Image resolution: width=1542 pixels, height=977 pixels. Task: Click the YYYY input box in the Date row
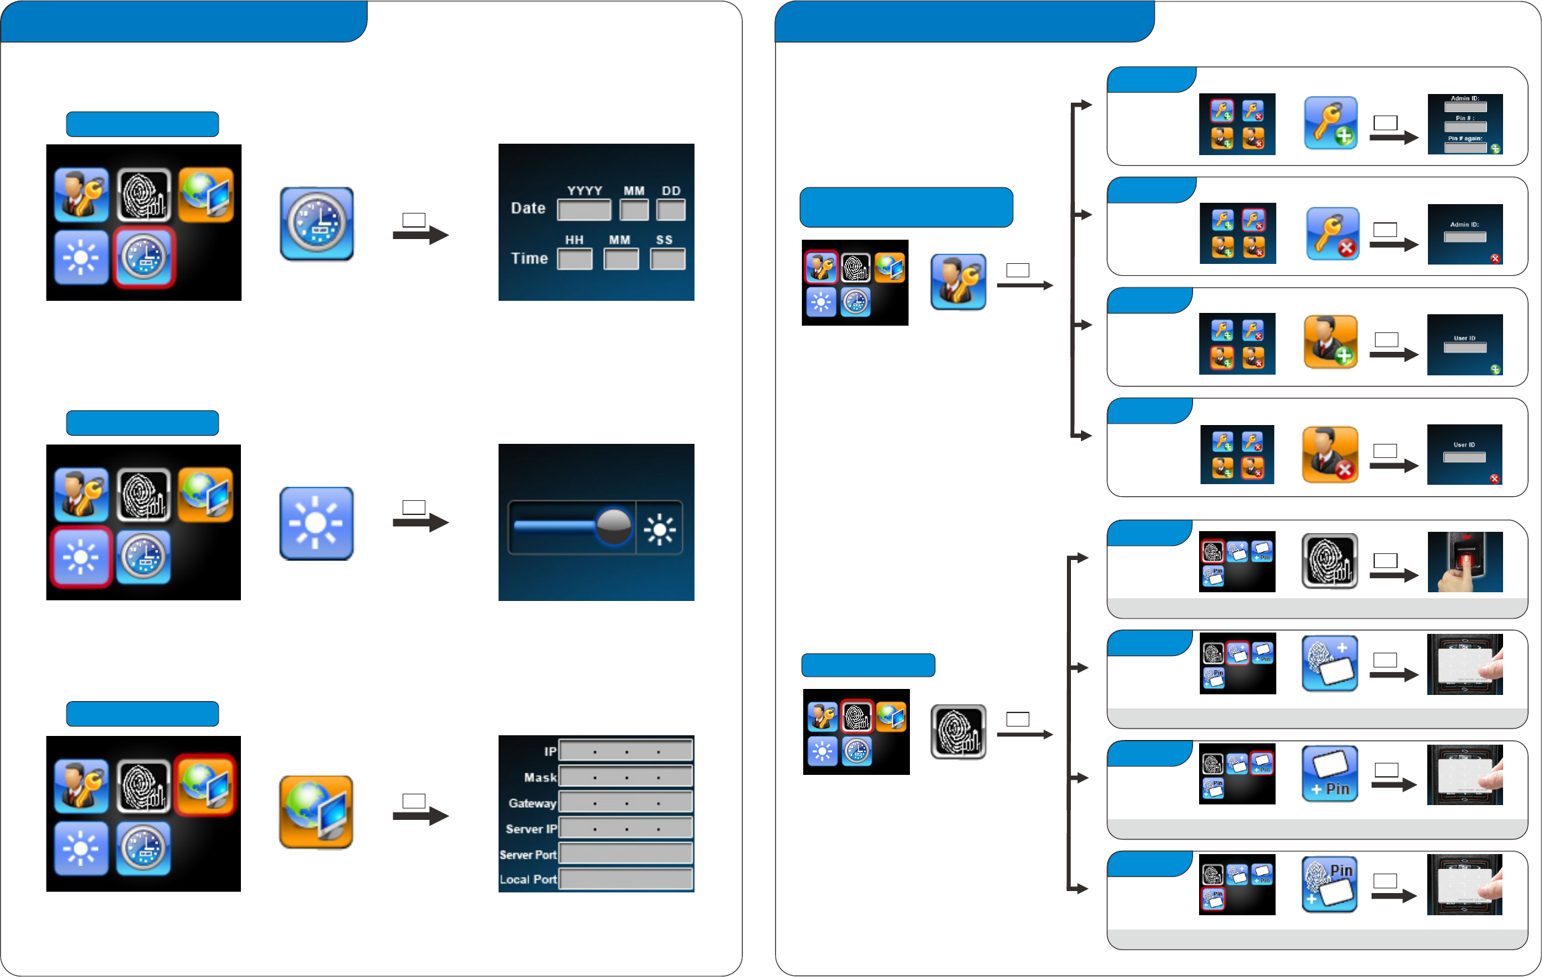(584, 210)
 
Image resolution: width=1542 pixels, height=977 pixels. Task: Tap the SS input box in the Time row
(667, 259)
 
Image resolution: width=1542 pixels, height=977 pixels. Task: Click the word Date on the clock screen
(528, 208)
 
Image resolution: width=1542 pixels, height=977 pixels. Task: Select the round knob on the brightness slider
(613, 526)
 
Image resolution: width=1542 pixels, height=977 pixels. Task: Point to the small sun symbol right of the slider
(660, 529)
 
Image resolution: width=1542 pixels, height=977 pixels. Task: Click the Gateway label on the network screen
(532, 803)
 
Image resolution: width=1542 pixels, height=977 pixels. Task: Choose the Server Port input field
(625, 853)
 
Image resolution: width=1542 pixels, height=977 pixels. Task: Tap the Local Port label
(528, 879)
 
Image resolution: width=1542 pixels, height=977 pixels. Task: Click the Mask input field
(625, 777)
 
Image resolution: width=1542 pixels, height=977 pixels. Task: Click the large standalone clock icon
(317, 224)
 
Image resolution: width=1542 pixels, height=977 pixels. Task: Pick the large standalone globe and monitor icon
(316, 812)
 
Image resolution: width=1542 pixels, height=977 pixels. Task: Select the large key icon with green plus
(1331, 123)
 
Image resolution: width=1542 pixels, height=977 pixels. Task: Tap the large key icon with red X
(1333, 234)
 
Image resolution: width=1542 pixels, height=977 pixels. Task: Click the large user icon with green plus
(1331, 342)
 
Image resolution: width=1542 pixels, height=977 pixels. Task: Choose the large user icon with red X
(1330, 455)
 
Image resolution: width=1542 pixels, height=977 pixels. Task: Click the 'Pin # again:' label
(1465, 138)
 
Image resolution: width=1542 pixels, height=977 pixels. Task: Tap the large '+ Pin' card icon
(1330, 774)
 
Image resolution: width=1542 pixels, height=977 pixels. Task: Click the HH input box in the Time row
(575, 259)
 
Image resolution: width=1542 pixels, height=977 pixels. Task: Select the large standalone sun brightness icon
(316, 523)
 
